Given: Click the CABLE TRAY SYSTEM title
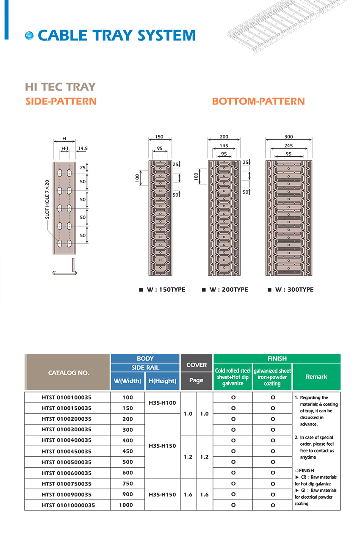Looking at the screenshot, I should tap(116, 36).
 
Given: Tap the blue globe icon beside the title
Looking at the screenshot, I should tap(29, 36).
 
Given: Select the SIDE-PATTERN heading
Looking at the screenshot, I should tap(61, 102).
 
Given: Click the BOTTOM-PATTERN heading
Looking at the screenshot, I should tap(258, 102).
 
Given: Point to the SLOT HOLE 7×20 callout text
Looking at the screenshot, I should tap(47, 199).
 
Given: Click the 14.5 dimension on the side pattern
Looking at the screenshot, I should tap(83, 149).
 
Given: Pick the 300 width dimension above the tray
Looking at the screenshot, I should tap(288, 137).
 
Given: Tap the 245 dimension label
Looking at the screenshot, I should tap(288, 146).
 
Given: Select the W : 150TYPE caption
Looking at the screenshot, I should tap(166, 290).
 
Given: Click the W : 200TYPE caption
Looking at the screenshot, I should tap(228, 290).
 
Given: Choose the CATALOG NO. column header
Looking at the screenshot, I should tap(68, 373).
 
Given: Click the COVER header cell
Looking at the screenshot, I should tap(196, 364).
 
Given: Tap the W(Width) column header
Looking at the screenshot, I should tap(127, 381).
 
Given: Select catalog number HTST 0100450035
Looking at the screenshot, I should tap(66, 451).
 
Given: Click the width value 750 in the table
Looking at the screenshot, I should tap(127, 483).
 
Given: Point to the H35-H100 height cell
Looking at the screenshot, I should tap(162, 403).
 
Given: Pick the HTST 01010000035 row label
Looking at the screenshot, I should tap(68, 505).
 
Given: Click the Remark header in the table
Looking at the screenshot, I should tap(316, 377).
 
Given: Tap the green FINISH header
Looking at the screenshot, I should tap(277, 358).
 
